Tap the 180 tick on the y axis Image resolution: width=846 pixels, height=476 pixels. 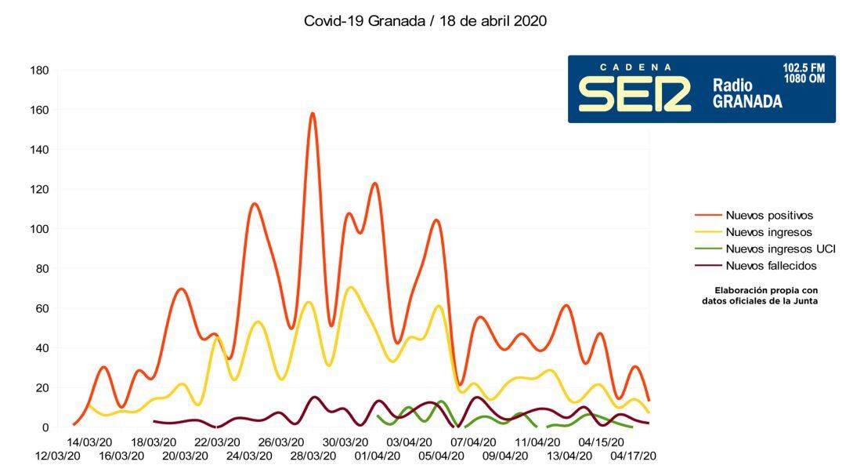coord(39,71)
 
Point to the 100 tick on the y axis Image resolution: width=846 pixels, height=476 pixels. coord(39,229)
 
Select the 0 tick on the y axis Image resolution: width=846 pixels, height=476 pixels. coord(45,427)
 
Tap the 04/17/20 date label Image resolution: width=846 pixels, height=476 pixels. coord(633,456)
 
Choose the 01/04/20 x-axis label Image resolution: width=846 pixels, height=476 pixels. coord(378,456)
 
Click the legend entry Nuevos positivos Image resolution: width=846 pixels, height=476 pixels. coord(769,215)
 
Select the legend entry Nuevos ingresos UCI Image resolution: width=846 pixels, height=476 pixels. coord(780,249)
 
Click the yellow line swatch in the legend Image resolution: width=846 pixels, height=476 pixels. coord(707,232)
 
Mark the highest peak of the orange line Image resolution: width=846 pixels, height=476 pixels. coord(313,114)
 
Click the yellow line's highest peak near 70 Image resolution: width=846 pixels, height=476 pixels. coord(351,287)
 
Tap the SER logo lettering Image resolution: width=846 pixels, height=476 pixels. coord(634,94)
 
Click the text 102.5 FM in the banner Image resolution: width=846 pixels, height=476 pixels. coord(804,67)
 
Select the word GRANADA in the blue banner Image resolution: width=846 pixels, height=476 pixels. coord(747,102)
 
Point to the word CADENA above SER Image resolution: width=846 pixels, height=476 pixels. coord(635,67)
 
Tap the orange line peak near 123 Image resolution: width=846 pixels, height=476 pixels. coord(375,183)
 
